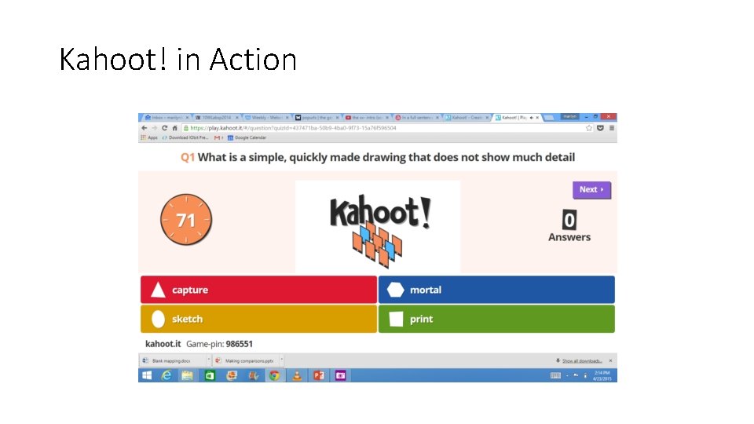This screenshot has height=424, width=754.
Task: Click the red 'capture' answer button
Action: (258, 290)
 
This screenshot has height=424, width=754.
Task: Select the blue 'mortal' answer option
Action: (496, 290)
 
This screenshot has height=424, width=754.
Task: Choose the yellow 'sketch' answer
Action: (258, 319)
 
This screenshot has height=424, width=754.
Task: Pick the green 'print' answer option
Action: (496, 319)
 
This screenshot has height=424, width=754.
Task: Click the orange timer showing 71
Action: (186, 220)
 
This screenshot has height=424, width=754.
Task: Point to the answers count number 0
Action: (569, 220)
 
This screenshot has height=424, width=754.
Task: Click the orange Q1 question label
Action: (188, 157)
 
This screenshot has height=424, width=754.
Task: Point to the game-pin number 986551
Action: (239, 344)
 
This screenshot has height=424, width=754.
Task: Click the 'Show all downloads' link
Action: (582, 361)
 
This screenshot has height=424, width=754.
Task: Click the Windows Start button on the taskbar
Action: (146, 376)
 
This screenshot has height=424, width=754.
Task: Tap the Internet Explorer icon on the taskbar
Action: (167, 376)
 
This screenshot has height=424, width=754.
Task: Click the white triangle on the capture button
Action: (158, 291)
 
